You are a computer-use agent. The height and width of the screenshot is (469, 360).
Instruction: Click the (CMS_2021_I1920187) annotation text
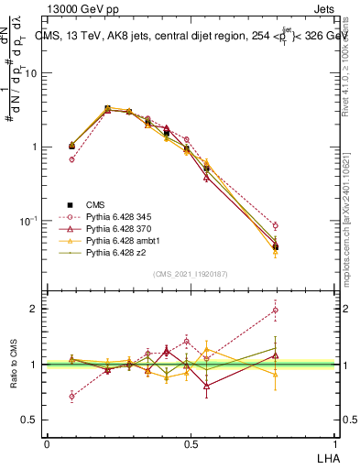point(191,272)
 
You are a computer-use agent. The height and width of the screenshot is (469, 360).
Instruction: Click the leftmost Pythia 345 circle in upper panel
point(71,159)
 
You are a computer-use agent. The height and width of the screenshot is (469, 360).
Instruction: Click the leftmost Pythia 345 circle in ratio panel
point(71,397)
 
